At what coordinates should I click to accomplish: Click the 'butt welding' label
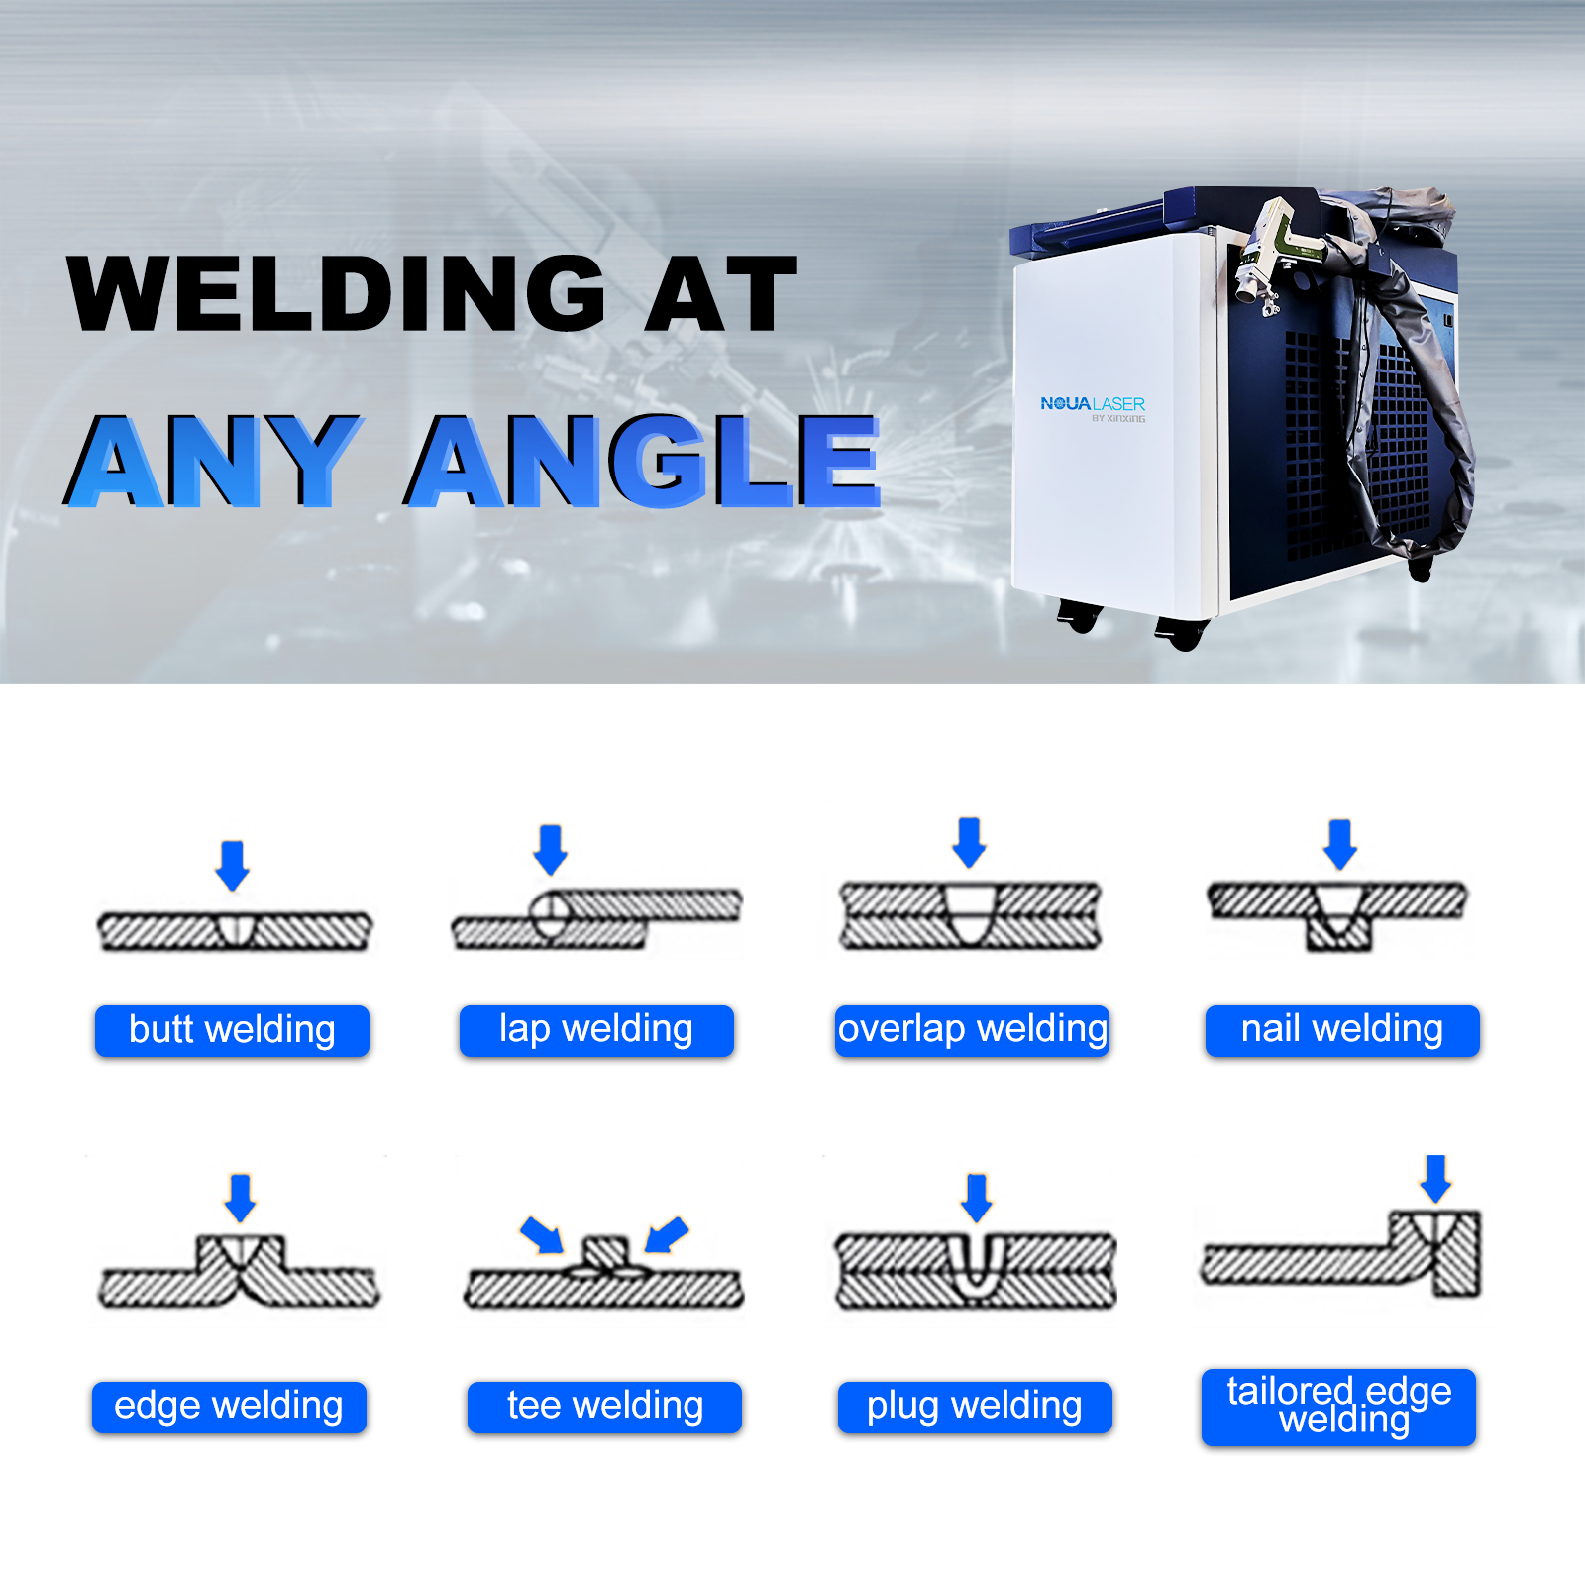[232, 1030]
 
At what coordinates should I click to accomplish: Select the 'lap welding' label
[596, 1030]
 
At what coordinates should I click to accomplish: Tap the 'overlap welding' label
[972, 1030]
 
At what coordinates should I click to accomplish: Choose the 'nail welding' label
[1342, 1030]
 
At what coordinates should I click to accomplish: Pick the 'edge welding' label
[229, 1407]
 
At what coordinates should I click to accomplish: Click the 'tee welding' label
[604, 1407]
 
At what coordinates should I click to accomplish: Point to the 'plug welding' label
[975, 1407]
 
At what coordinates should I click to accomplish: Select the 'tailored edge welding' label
[1338, 1407]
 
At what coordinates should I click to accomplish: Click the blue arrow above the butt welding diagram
[233, 865]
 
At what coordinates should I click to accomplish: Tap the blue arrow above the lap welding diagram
[551, 849]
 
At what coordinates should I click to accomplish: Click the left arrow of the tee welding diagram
[542, 1234]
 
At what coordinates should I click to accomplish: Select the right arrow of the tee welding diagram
[667, 1234]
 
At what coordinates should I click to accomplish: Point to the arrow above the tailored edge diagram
[1435, 1178]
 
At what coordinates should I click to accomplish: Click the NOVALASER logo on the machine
[1093, 405]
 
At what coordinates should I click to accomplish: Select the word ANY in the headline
[213, 461]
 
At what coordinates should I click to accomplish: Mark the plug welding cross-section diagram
[976, 1271]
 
